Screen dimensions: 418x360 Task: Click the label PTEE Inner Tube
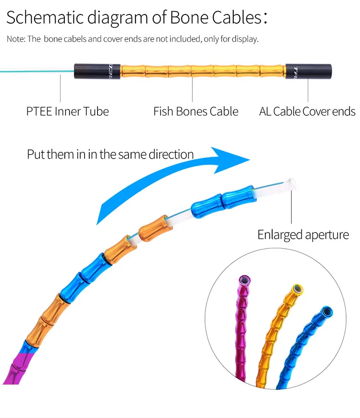pyautogui.click(x=67, y=112)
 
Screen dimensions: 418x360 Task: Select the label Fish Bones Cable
pyautogui.click(x=195, y=112)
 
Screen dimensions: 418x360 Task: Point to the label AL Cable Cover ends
pyautogui.click(x=307, y=112)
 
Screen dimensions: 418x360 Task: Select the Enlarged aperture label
pyautogui.click(x=303, y=235)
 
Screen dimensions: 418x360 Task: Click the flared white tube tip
pyautogui.click(x=292, y=183)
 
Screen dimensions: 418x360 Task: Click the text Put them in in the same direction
pyautogui.click(x=110, y=155)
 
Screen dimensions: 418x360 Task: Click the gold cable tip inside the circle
pyautogui.click(x=298, y=290)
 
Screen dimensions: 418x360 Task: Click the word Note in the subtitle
pyautogui.click(x=15, y=39)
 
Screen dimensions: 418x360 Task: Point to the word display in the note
pyautogui.click(x=245, y=39)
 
